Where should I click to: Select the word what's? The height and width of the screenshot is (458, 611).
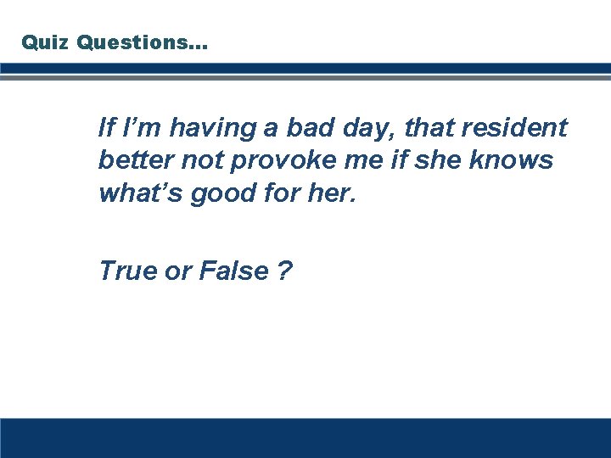point(140,194)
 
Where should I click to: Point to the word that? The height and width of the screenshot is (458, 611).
point(429,129)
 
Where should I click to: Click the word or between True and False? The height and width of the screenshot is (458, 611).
point(179,272)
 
